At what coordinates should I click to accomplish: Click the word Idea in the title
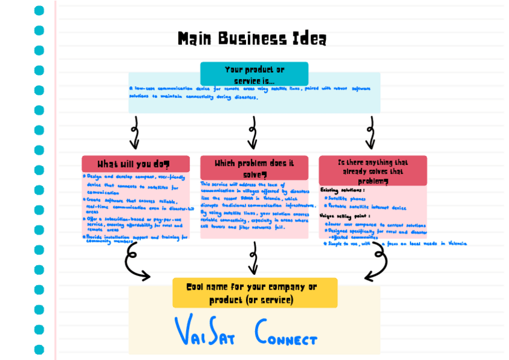310,40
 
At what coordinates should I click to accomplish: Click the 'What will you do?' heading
135,164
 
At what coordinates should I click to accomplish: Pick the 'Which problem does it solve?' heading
254,167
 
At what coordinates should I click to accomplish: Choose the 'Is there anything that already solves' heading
373,170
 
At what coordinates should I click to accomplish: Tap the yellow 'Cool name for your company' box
254,293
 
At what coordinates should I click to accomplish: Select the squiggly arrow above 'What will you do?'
134,133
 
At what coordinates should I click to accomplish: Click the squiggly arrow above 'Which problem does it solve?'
253,133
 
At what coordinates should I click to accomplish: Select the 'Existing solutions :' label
343,190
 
